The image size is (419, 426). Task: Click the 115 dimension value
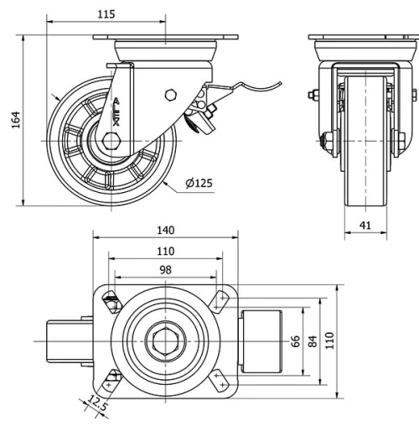pyautogui.click(x=106, y=14)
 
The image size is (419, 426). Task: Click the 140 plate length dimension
pyautogui.click(x=165, y=230)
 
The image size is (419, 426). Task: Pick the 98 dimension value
pyautogui.click(x=165, y=269)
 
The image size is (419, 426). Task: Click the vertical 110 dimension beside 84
pyautogui.click(x=330, y=339)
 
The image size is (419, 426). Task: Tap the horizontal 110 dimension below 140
pyautogui.click(x=165, y=250)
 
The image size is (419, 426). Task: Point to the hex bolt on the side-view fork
pyautogui.click(x=171, y=94)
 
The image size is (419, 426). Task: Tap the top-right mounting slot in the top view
pyautogui.click(x=220, y=298)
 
